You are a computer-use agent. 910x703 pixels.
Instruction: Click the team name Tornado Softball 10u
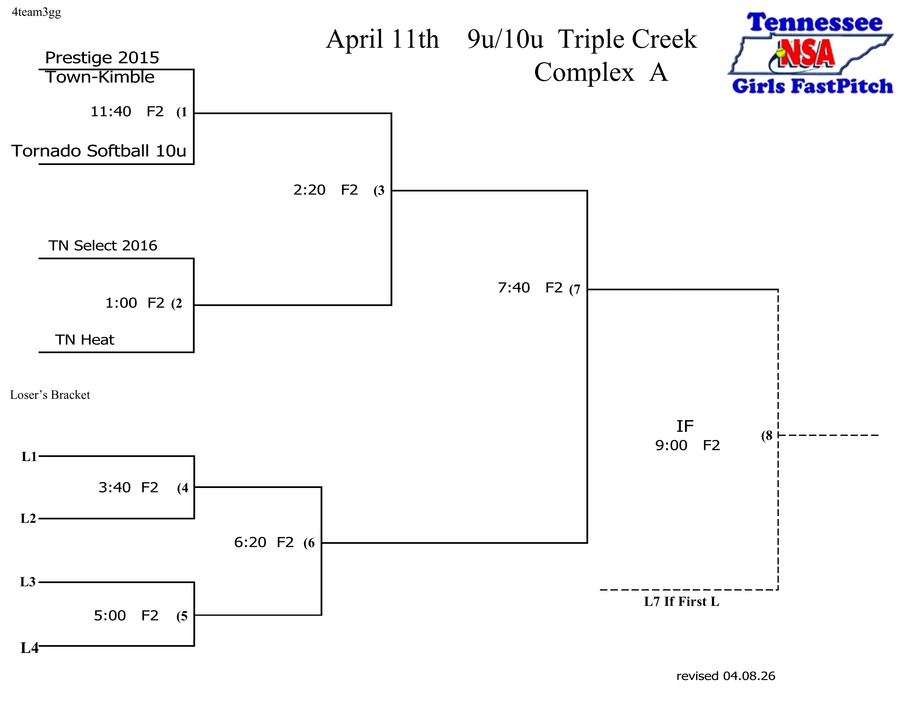[99, 151]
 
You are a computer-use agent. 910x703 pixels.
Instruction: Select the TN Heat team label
[84, 340]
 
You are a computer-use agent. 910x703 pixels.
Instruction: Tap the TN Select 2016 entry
[103, 246]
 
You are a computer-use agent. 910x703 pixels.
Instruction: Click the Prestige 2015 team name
[102, 58]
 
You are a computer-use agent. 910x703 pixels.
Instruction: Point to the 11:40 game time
[111, 112]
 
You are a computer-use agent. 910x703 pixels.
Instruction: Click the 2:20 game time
[309, 190]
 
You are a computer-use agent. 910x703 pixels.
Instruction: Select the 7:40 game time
[514, 288]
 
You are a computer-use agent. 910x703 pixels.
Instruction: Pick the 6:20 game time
[250, 542]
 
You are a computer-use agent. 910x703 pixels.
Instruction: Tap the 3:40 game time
[115, 487]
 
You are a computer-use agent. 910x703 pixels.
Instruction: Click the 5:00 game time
[110, 616]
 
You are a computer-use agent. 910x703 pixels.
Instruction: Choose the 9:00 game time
[671, 446]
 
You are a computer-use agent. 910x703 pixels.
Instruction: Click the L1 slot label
[29, 457]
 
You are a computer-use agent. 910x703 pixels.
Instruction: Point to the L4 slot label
[29, 648]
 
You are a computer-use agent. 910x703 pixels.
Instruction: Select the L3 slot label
[28, 582]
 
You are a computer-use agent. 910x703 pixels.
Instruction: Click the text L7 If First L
[681, 602]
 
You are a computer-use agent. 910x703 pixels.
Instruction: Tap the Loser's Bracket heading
[50, 395]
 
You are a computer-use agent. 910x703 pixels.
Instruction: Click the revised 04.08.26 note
[726, 676]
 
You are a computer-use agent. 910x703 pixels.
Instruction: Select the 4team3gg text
[36, 12]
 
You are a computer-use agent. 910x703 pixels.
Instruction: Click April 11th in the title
[382, 40]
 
